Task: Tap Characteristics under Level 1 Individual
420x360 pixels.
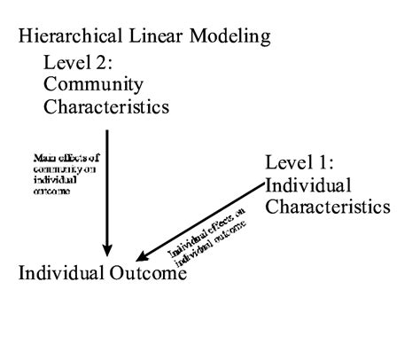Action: [328, 207]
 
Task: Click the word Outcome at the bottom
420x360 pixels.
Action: [147, 272]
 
